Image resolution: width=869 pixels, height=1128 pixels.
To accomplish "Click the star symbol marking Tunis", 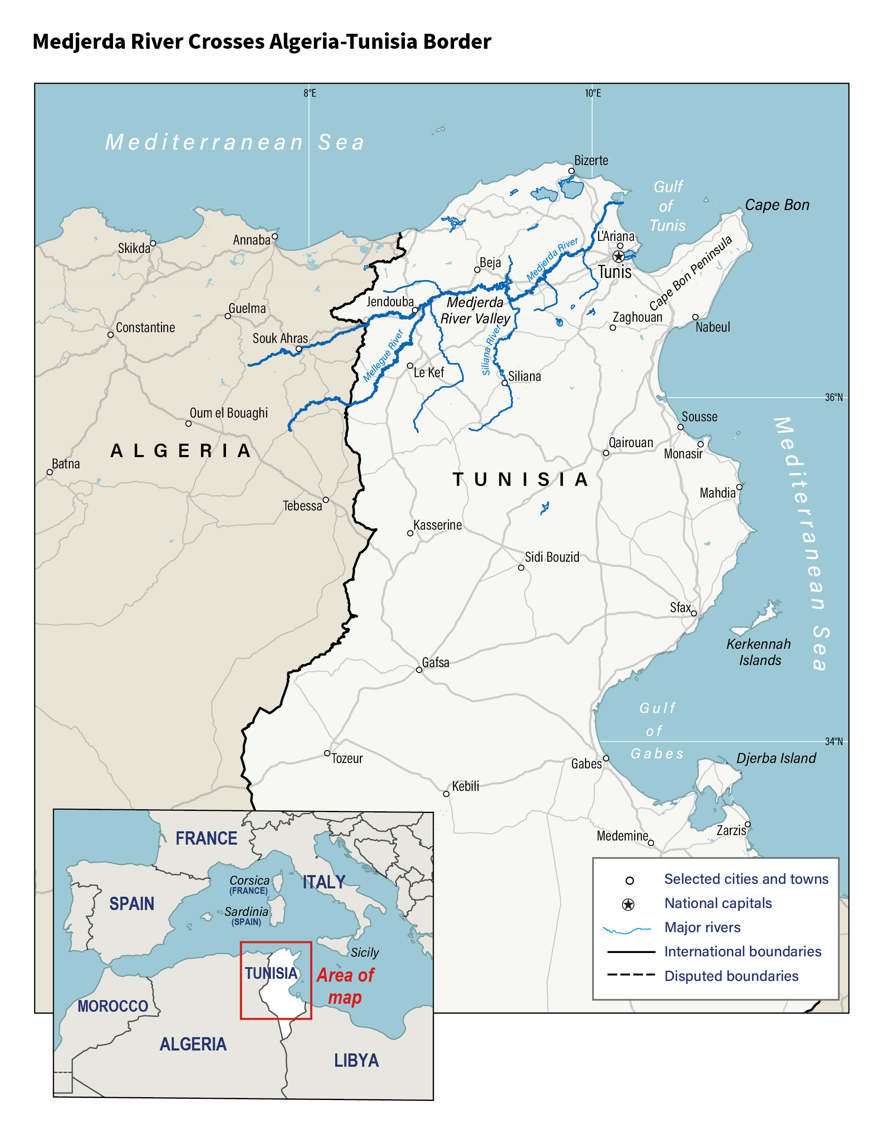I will pos(618,257).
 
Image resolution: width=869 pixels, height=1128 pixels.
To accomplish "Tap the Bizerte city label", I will pos(591,160).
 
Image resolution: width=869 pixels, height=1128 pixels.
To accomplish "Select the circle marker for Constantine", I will pos(110,335).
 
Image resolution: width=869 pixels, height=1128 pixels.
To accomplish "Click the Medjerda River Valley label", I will pos(475,310).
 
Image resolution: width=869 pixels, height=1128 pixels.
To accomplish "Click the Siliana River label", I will pos(491,350).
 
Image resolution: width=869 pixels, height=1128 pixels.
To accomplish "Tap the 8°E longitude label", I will pos(310,93).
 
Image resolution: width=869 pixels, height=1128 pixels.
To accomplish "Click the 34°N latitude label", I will pos(833,742).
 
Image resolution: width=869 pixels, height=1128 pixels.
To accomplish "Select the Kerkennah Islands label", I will pos(758,652).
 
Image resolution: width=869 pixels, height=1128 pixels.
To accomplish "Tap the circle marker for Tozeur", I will pos(327,753).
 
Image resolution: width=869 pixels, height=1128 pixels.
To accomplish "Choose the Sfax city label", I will pos(680,608).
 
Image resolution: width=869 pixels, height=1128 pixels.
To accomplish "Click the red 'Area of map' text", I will pos(345,986).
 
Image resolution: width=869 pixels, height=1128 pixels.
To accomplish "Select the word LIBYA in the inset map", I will pos(356,1060).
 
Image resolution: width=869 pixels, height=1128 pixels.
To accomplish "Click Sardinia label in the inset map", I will pos(246,912).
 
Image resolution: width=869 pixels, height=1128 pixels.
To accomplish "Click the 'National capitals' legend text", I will pos(718,903).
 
